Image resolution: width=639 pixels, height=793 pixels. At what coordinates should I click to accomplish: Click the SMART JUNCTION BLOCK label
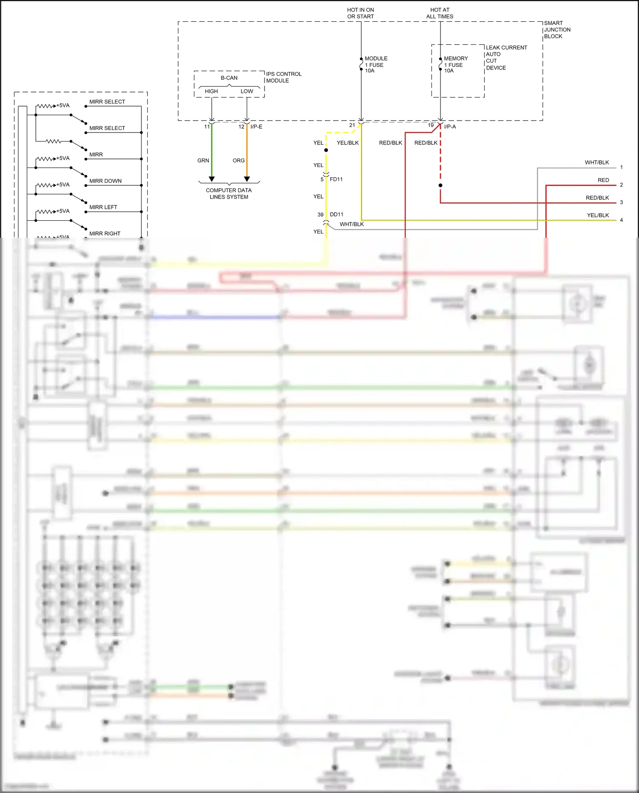point(557,29)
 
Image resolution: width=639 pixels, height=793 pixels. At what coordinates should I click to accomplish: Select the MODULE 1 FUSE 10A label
point(375,64)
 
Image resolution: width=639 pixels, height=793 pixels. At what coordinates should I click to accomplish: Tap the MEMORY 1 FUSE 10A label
point(455,64)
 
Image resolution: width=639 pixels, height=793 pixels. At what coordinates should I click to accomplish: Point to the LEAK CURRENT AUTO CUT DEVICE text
point(506,58)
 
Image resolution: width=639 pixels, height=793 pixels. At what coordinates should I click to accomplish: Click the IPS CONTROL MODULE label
point(283,77)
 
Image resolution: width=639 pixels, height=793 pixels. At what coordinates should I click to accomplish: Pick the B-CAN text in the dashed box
point(229,78)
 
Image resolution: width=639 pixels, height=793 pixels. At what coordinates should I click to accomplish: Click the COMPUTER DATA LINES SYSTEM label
point(229,193)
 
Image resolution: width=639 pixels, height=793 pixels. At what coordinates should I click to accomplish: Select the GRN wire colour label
point(203,161)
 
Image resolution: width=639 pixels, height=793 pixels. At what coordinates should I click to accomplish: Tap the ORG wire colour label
point(238,161)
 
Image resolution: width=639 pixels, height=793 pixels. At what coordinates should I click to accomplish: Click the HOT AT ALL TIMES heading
point(440,13)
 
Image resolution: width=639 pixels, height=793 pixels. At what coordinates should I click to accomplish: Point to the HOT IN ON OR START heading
point(360,13)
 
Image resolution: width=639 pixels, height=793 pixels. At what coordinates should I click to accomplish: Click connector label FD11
point(336,179)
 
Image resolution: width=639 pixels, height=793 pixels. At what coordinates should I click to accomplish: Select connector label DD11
point(336,214)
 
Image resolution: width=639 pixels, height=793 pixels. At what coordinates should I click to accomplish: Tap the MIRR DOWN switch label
point(105,181)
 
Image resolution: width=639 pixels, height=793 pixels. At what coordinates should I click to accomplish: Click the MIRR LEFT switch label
point(103,208)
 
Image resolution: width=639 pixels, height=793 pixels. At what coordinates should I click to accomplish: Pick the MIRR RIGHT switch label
point(105,234)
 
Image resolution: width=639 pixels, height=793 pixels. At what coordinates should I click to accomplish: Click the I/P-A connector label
point(450,127)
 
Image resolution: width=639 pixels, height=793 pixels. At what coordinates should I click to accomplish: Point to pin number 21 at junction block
point(352,125)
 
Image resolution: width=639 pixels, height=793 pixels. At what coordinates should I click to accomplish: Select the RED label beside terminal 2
point(603,180)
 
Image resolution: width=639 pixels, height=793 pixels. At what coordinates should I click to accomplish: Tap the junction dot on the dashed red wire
point(440,185)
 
